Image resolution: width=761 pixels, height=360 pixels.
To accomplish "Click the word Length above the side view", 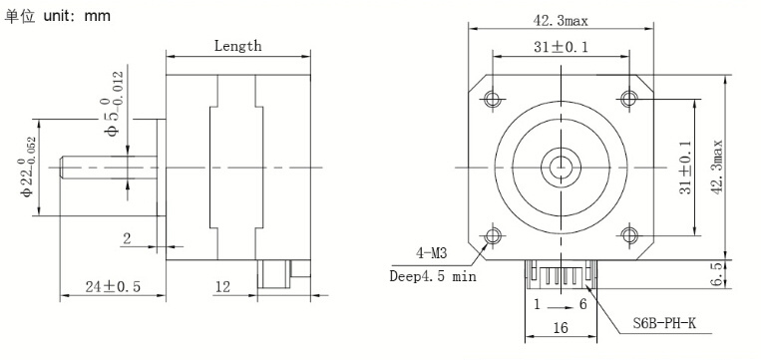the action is [237, 46].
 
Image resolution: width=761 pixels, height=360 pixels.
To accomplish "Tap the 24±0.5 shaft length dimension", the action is [113, 287].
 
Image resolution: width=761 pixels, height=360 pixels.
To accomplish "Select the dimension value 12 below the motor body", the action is [222, 287].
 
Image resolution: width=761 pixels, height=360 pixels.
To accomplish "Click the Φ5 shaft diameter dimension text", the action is [111, 105].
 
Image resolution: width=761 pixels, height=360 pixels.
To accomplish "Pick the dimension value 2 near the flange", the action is [127, 238].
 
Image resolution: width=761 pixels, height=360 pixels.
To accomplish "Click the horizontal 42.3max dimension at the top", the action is [561, 21].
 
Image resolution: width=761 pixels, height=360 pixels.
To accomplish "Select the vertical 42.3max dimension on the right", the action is [717, 168].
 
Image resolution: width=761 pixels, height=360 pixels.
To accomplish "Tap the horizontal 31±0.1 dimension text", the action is [561, 47].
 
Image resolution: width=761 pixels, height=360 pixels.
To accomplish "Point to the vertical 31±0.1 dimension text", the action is [685, 168].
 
